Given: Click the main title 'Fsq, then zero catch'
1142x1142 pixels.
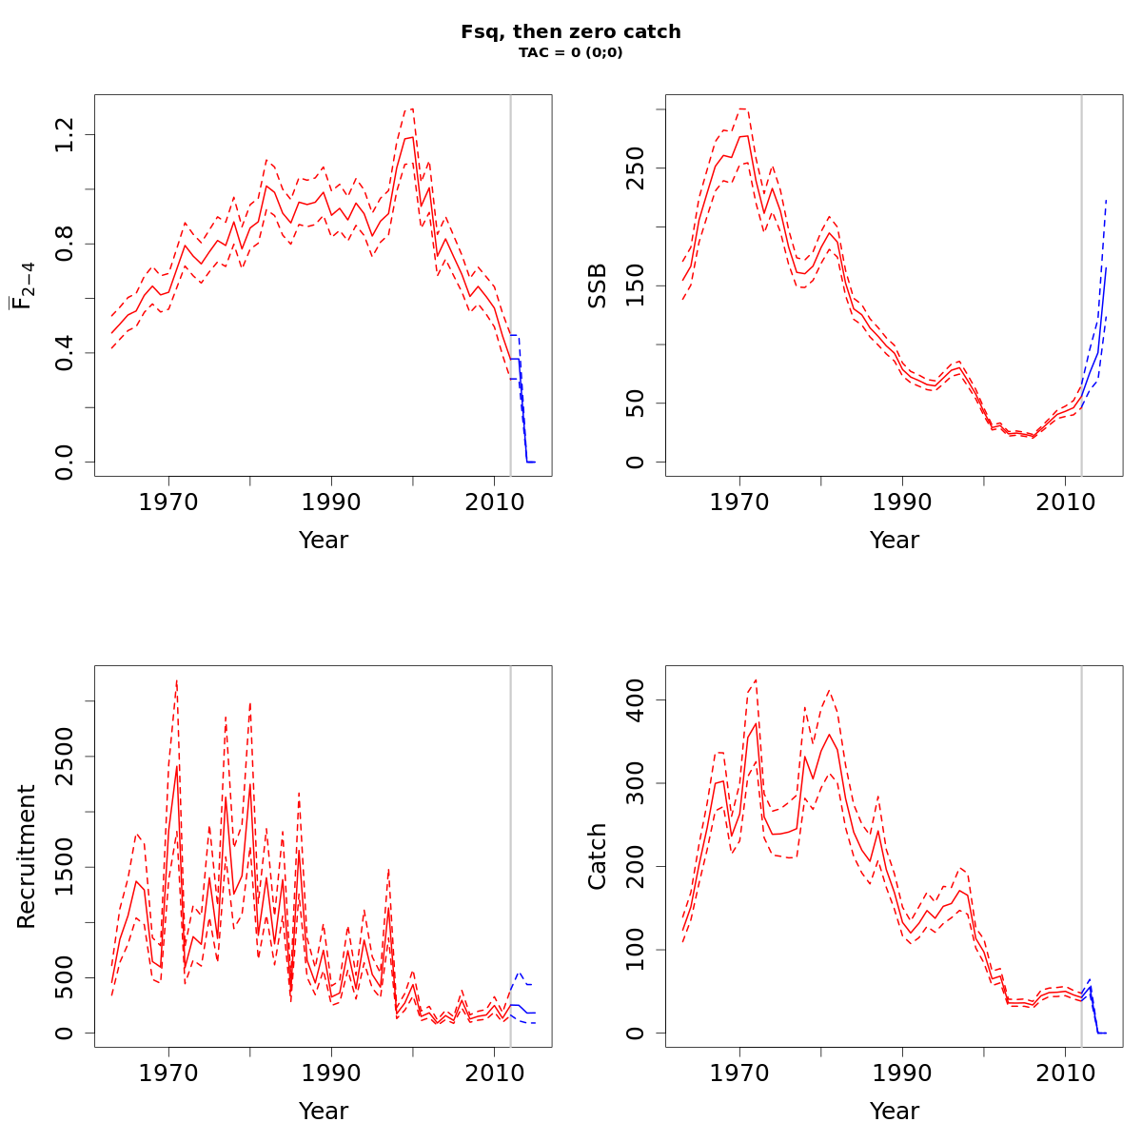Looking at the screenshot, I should point(571,31).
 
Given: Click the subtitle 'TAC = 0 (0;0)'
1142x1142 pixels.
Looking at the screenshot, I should point(571,53).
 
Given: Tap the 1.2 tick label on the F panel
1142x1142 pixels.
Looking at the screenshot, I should point(66,135).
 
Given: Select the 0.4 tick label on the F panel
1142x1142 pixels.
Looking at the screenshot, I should point(66,353).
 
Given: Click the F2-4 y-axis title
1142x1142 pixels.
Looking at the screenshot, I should point(21,285).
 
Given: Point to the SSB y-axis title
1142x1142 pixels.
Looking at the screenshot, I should point(598,285).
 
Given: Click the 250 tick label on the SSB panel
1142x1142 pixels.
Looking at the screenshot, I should point(637,167).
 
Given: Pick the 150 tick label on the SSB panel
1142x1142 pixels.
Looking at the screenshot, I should point(637,285).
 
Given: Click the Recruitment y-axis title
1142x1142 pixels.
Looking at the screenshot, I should point(27,856).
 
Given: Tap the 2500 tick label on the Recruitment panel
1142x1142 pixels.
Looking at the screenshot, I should point(66,757).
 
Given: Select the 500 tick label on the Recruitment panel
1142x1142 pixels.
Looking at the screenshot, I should point(66,977).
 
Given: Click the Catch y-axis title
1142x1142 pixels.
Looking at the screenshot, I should point(598,856).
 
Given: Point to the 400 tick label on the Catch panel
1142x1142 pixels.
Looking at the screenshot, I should point(637,699).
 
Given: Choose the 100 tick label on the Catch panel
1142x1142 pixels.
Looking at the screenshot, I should point(637,950).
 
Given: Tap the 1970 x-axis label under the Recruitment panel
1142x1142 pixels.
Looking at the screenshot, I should point(169,1072).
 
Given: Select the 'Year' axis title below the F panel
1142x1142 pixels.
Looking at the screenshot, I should point(324,541).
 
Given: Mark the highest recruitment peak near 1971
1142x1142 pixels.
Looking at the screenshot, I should point(177,681).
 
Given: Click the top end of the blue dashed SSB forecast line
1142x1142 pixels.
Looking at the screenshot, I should point(1107,199).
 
